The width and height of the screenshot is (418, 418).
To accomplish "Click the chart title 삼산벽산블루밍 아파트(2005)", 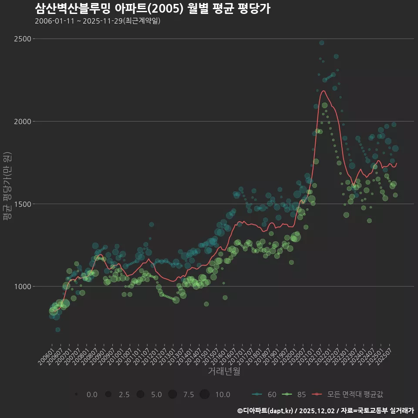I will pos(152,8).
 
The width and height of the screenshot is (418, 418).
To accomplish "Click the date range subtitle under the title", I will pos(98,21).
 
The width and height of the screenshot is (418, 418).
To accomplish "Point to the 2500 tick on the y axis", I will pos(22,39).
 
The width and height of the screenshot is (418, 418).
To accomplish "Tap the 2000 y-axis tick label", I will pos(22,121).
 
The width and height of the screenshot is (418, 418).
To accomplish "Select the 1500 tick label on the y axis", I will pos(22,204).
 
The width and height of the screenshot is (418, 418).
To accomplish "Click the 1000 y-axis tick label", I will pos(22,287).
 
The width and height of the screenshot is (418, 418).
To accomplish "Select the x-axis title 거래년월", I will pos(224,371).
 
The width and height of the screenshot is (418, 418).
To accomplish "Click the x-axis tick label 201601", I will pos(222,355).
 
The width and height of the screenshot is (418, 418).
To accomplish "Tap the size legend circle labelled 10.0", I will pos(205,394).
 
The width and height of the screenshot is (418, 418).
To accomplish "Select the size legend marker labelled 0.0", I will pos(76,394).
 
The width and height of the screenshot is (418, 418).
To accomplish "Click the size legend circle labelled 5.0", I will pos(140,394).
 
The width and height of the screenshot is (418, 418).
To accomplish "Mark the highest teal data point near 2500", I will pos(321,43).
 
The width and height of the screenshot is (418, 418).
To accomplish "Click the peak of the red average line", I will pos(323,91).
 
